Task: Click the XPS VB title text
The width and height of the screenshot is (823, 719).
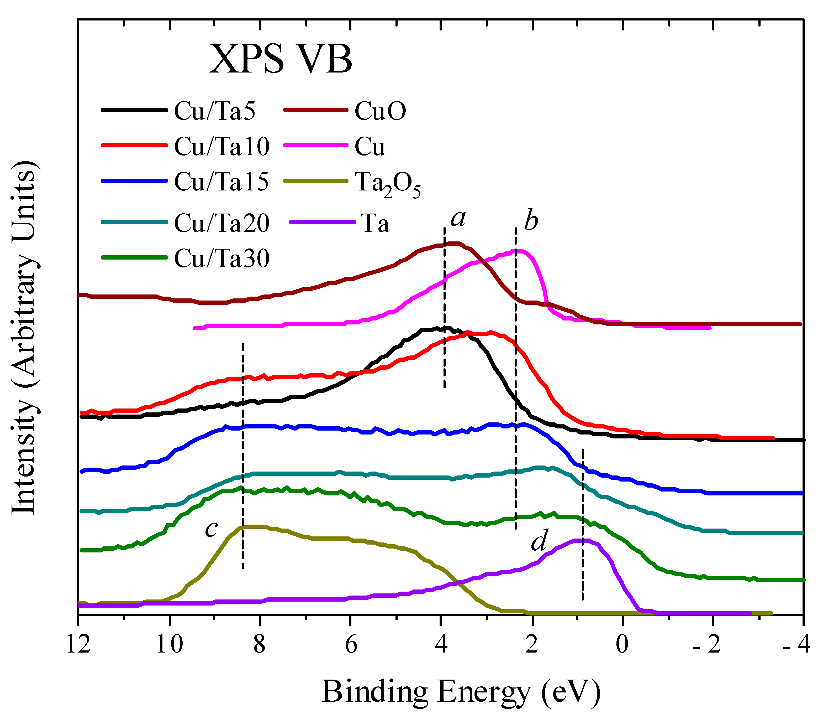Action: click(280, 59)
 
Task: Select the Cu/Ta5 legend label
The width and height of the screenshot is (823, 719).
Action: click(214, 111)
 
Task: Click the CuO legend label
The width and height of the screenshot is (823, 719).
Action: click(380, 111)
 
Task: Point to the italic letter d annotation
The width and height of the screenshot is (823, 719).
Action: click(539, 542)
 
